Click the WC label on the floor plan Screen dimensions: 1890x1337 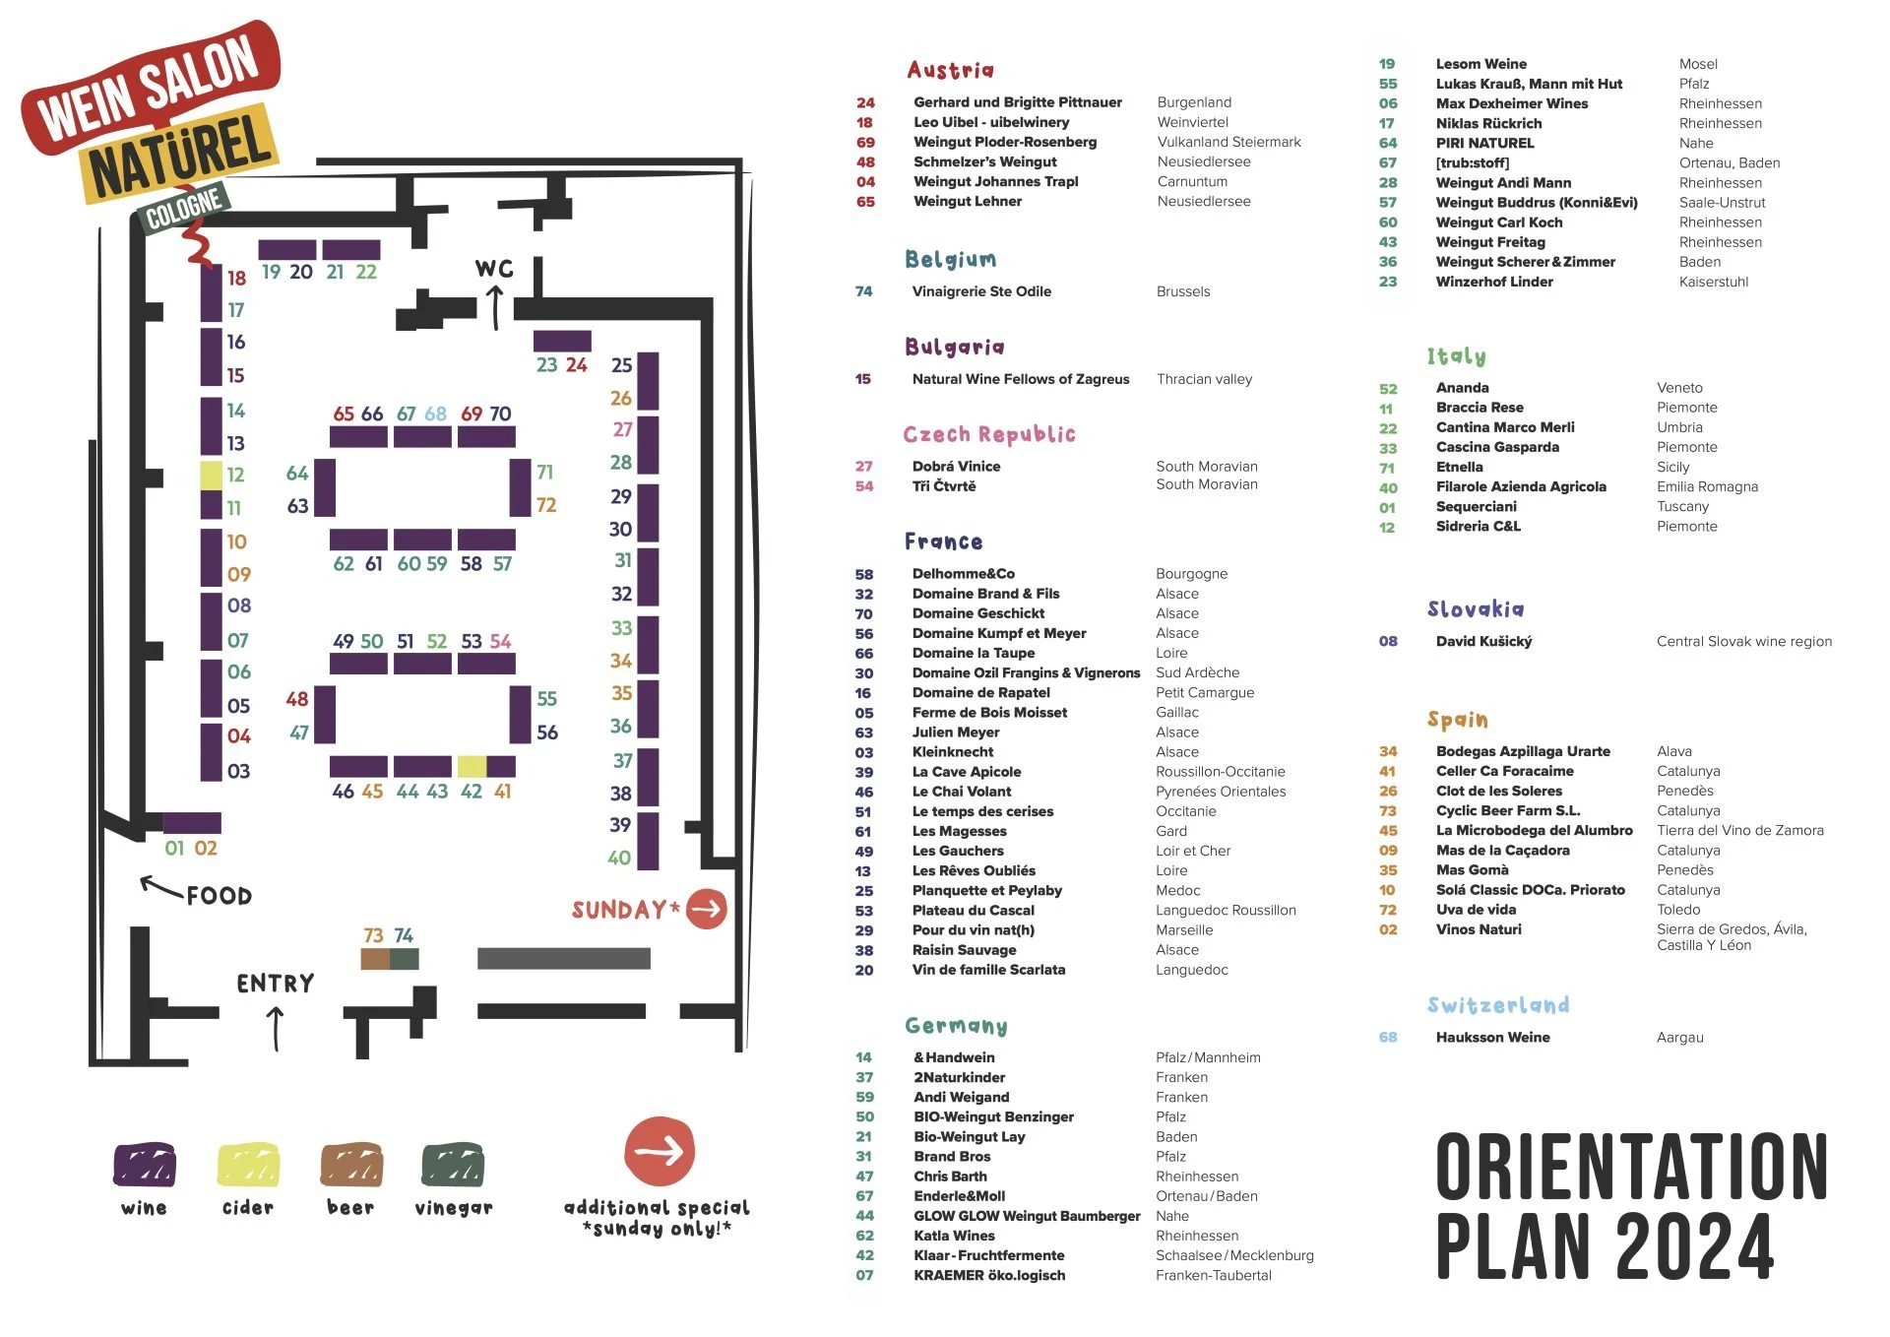click(494, 269)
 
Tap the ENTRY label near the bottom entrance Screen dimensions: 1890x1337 click(276, 984)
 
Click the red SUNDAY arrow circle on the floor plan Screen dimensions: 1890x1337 click(707, 909)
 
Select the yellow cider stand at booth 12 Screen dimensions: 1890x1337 click(212, 476)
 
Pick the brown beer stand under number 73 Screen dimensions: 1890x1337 click(375, 959)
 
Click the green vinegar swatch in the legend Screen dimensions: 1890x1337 click(453, 1166)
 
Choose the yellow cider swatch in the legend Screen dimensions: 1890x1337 click(248, 1166)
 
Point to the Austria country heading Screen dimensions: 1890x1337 click(951, 70)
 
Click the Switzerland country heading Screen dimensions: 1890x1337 click(1498, 1005)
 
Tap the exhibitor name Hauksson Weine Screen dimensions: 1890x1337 click(1492, 1038)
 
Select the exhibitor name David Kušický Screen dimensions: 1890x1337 click(1483, 642)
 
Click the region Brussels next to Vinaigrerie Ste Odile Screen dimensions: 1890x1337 click(1183, 291)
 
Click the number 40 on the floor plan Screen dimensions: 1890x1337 click(619, 858)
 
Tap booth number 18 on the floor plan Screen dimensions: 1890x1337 click(236, 279)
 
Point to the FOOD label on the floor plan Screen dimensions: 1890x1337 click(220, 896)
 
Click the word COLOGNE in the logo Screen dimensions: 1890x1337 click(184, 208)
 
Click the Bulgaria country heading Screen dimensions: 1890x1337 click(955, 347)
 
